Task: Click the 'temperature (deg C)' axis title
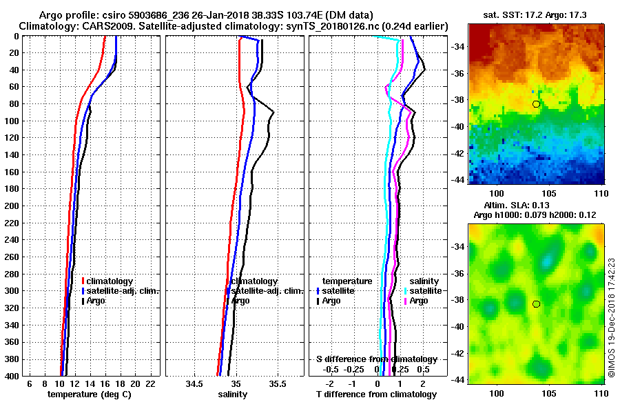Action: coord(89,394)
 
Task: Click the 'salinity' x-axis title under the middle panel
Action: coord(232,394)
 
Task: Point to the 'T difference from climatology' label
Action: coord(375,394)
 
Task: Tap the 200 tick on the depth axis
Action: coord(14,206)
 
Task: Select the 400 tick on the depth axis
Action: coord(14,376)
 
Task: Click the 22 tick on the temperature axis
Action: coord(150,383)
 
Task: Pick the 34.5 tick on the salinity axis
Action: coord(194,383)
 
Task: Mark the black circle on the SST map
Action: coord(536,103)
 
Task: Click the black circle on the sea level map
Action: coord(536,304)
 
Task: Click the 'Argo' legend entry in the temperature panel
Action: coord(96,301)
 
